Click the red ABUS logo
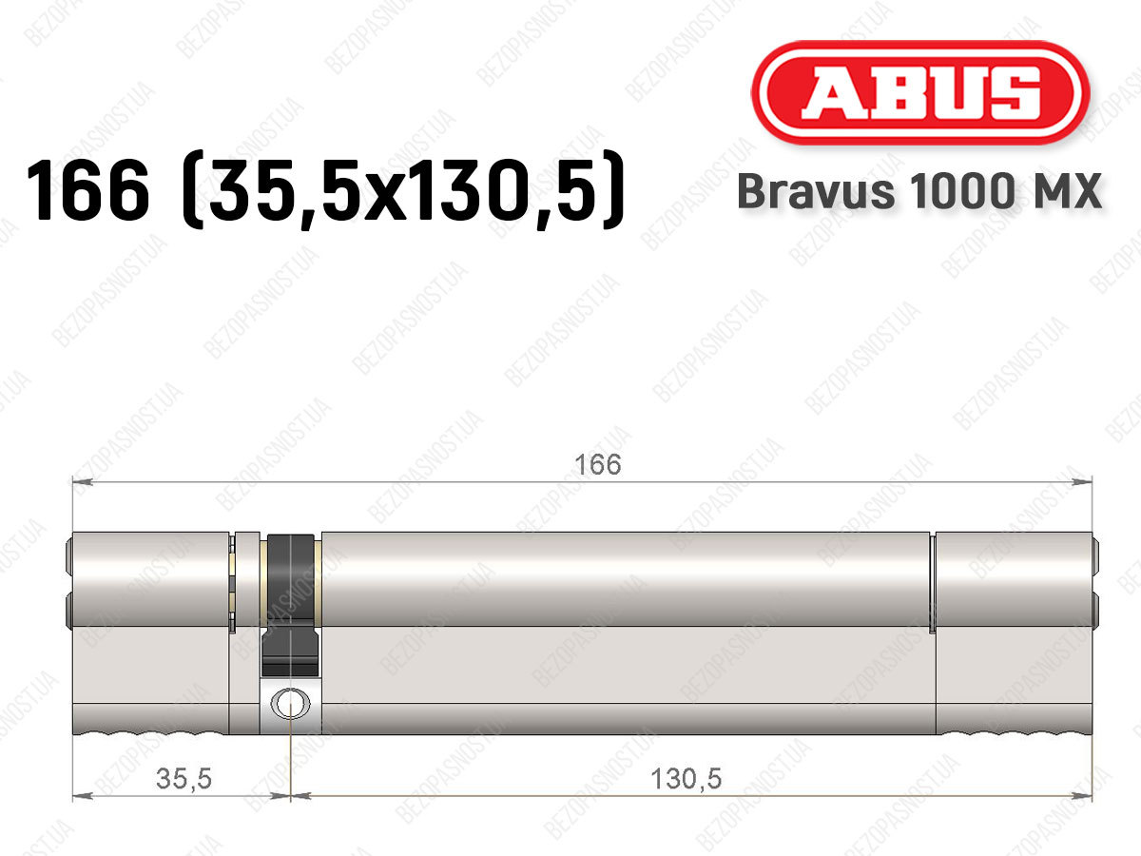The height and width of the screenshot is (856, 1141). click(920, 92)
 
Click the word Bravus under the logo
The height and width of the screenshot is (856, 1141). click(816, 191)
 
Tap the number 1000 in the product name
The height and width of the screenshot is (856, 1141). click(961, 191)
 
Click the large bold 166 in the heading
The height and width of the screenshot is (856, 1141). click(87, 190)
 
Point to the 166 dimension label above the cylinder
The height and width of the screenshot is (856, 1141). click(598, 464)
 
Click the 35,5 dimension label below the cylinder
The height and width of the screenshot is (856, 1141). click(184, 779)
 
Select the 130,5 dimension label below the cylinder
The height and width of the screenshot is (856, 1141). click(687, 779)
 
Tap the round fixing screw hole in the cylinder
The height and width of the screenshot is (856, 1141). click(290, 704)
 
